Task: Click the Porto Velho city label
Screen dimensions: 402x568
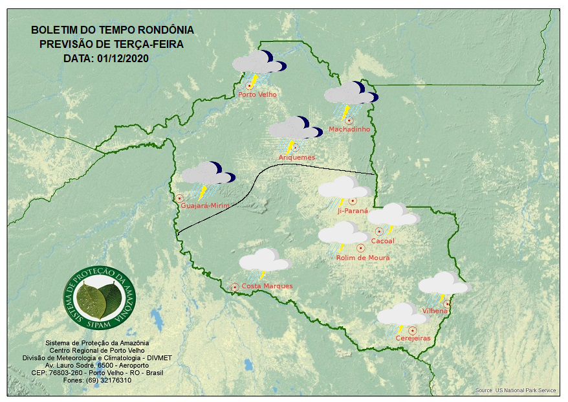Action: [x=257, y=95]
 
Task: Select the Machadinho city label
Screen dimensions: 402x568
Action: [x=349, y=129]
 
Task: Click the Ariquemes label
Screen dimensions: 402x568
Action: [x=296, y=157]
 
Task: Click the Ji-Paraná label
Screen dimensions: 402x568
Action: [x=353, y=210]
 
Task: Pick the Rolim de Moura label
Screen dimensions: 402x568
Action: [x=363, y=258]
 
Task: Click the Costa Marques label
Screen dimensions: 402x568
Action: [x=267, y=286]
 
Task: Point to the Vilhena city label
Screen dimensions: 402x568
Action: [x=435, y=311]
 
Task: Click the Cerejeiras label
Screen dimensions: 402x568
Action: [x=413, y=338]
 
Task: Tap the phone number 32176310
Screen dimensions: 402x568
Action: [x=115, y=381]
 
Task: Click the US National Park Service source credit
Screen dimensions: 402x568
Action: [x=516, y=391]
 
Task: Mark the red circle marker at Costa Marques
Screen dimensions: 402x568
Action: [x=235, y=286]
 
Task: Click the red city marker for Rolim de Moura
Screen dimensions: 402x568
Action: [x=361, y=247]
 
